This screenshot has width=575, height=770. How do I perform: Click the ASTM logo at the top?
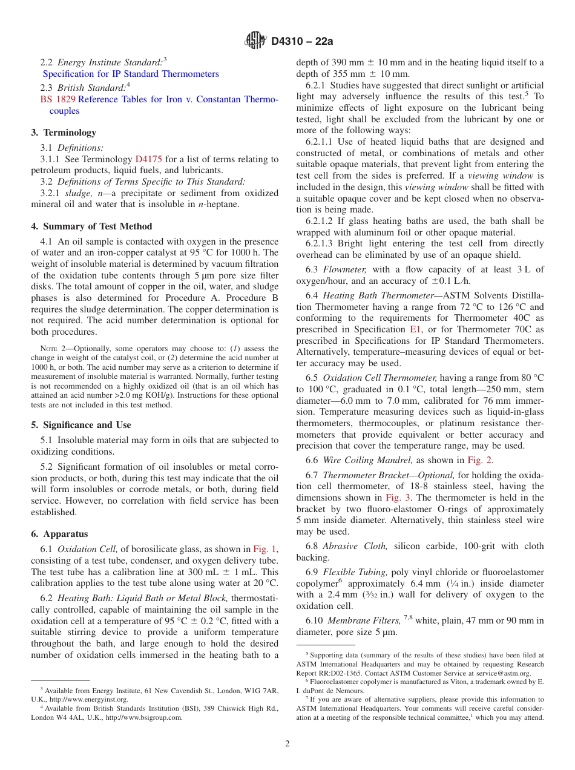255,41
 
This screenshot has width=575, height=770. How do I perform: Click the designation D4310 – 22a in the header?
302,42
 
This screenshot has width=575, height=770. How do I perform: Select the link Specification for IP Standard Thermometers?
131,74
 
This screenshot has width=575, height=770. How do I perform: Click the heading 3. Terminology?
64,133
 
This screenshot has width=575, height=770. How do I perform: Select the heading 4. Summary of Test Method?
91,226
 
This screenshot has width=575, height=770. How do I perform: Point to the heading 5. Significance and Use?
81,425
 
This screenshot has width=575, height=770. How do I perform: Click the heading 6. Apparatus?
59,534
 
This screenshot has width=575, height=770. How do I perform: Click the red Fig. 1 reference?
264,549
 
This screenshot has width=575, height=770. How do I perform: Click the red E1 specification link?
416,329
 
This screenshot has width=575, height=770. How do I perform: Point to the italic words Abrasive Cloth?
355,546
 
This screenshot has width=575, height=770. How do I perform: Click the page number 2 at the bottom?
287,744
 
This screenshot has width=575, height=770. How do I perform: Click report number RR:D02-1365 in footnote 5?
338,673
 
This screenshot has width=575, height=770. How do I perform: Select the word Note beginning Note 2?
48,349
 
